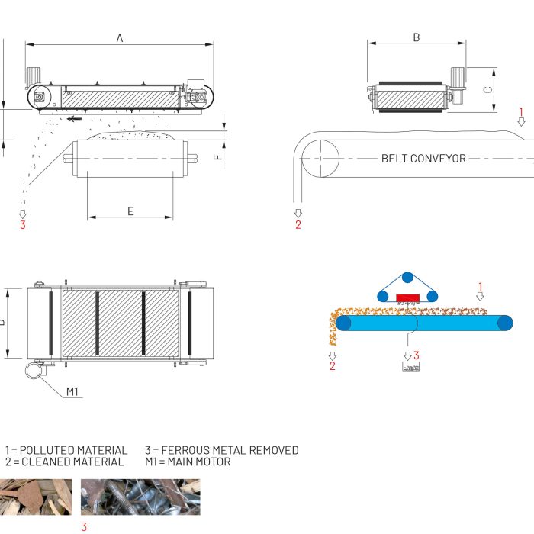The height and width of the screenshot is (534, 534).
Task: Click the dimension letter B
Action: click(x=417, y=37)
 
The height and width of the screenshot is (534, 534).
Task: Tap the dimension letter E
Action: click(x=130, y=211)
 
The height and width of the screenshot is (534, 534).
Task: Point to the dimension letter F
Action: click(x=217, y=158)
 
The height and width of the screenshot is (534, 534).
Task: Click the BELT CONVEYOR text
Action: click(x=423, y=159)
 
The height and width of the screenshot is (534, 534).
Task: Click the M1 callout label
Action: click(x=72, y=391)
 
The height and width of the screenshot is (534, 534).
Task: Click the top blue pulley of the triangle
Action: click(x=408, y=276)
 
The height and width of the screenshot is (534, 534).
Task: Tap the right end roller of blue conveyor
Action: click(x=504, y=323)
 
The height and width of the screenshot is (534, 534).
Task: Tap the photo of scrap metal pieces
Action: click(x=140, y=497)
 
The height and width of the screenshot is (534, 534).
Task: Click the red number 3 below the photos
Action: click(x=84, y=526)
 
